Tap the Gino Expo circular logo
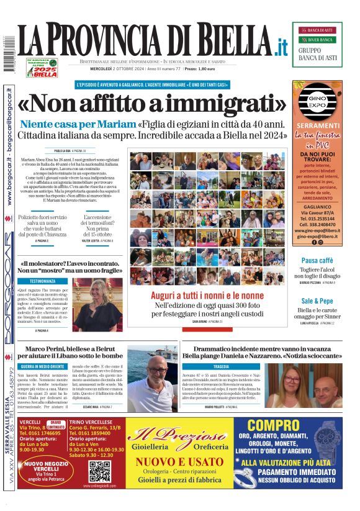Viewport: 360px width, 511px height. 317,104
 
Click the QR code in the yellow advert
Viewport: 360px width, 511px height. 99,471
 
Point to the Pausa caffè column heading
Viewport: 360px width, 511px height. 317,260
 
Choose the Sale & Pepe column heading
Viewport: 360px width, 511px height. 317,300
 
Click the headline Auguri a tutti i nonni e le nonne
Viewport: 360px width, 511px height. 207,296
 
